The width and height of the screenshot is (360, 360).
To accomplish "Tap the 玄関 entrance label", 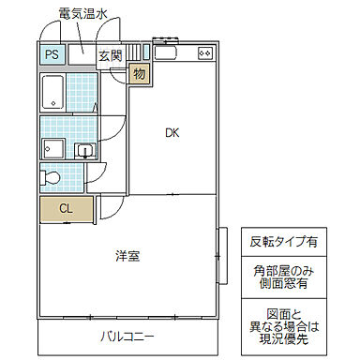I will pos(110,55).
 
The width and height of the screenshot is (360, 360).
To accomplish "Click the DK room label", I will pos(172,132).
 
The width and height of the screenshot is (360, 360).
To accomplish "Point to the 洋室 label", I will pos(127,255).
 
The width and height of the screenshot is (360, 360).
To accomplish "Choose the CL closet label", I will pos(65,208).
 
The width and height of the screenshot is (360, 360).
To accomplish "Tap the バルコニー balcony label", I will pos(128,336).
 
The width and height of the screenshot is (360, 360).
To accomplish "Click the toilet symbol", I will pos(51,176).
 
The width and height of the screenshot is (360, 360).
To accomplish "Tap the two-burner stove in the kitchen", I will pos(204,54).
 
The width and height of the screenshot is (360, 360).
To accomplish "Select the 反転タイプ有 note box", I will pos(282,241).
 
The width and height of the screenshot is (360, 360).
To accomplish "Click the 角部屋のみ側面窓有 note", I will pos(282,277).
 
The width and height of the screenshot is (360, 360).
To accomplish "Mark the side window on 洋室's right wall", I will pos(222,252).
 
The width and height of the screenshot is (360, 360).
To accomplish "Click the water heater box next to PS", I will pos(80,53).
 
